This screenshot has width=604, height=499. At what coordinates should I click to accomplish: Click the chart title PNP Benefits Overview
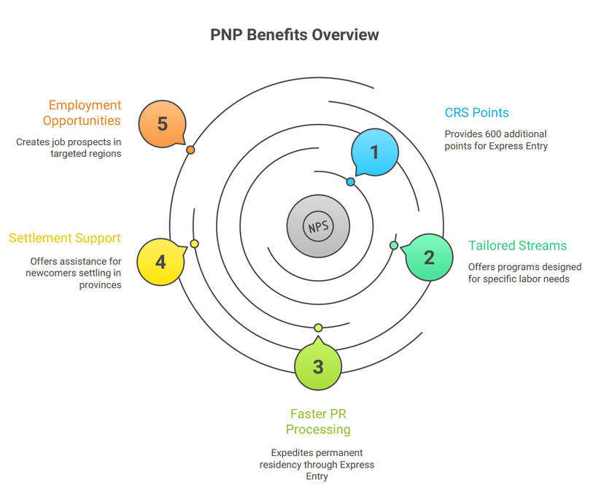(x=295, y=35)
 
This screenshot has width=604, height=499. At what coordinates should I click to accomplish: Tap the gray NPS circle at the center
(x=318, y=226)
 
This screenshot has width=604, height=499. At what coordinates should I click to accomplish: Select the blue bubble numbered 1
(x=375, y=152)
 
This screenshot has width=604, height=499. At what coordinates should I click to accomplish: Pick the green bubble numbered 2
(x=429, y=258)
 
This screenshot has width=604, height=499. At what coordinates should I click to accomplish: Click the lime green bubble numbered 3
(x=318, y=366)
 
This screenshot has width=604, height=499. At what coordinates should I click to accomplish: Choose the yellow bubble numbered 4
(x=160, y=261)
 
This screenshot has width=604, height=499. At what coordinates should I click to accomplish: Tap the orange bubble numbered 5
(x=162, y=123)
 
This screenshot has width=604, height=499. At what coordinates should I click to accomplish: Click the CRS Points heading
(x=476, y=112)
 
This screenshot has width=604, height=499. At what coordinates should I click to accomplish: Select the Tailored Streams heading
(x=517, y=245)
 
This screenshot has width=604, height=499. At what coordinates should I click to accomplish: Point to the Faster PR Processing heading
(x=318, y=422)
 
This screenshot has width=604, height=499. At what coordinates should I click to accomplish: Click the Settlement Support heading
(x=65, y=238)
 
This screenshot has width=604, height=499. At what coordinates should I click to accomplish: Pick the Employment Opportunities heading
(x=82, y=112)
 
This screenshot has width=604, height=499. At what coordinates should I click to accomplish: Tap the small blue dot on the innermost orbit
(x=351, y=182)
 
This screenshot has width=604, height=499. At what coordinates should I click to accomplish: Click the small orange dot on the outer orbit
(x=190, y=150)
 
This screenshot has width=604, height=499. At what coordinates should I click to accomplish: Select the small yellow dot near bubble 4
(x=194, y=244)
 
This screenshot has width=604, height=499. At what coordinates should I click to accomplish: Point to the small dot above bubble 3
(x=318, y=328)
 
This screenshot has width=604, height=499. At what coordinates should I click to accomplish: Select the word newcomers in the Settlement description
(x=70, y=273)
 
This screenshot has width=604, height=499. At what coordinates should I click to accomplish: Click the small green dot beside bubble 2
(x=394, y=245)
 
